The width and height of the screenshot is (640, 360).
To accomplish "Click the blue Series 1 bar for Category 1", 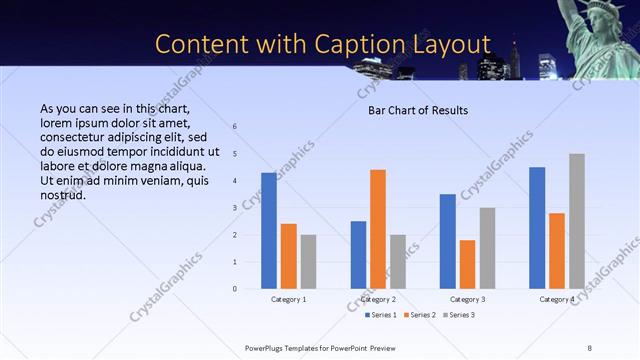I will pos(269,231).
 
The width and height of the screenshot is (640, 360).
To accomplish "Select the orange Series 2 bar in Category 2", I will pos(378,229).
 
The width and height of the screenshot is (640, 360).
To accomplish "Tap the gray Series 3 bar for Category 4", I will pos(577,221).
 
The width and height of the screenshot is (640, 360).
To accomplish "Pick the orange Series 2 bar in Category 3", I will pos(467,264).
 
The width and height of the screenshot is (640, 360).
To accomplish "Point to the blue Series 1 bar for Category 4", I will pos(537,228).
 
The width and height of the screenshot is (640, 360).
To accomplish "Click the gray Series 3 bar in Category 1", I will pos(309,262).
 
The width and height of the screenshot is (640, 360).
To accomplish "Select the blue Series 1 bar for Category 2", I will pos(358,255).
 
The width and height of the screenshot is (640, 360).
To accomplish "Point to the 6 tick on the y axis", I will pos(234,127).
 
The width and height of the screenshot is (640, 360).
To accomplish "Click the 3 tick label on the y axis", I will pos(234,208).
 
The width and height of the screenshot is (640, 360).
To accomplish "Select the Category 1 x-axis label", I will pos(289,299).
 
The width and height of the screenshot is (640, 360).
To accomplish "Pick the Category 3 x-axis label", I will pos(467,299).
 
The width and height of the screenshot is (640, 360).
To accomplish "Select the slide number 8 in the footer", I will pos(589,347).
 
